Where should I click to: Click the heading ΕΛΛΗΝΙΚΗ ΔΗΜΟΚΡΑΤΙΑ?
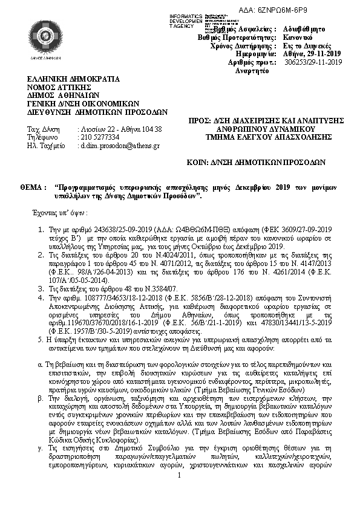(74, 79)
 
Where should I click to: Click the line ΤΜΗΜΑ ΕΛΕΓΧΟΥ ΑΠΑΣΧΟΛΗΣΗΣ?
(266, 137)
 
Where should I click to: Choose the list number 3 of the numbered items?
(41, 289)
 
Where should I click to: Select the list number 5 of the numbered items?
(41, 340)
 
